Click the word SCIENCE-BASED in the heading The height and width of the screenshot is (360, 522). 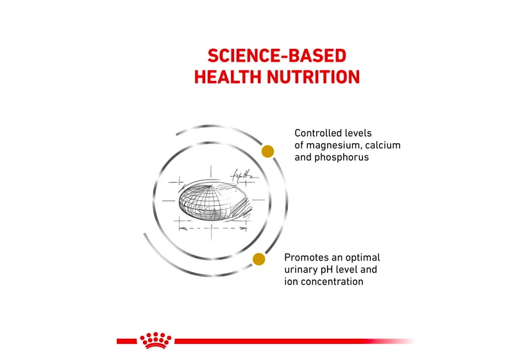coord(277,56)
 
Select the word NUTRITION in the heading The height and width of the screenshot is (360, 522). coord(314,77)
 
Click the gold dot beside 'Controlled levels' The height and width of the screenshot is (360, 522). coord(267,151)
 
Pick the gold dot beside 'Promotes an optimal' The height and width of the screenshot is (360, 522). coord(258,259)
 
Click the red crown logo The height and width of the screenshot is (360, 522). coord(155,340)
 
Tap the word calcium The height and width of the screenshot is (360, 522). coord(383,145)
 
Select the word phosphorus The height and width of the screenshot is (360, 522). coord(342,157)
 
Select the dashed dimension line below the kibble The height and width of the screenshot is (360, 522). coord(212,228)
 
